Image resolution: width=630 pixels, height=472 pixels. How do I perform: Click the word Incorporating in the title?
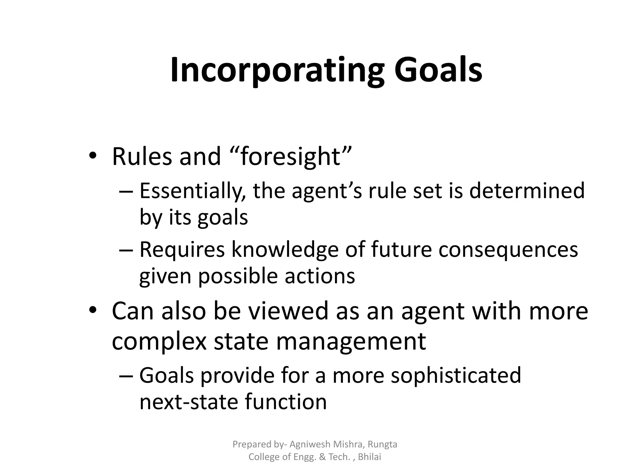click(x=277, y=70)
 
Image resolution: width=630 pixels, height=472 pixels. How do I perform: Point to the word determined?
click(x=527, y=191)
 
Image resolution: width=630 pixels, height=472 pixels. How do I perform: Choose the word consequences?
click(x=508, y=250)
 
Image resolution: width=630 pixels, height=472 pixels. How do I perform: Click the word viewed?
click(x=289, y=311)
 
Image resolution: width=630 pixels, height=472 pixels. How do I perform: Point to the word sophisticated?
click(x=456, y=376)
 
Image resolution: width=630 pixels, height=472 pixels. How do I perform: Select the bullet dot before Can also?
click(x=92, y=310)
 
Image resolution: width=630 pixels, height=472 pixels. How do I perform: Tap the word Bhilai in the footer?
click(x=369, y=457)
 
